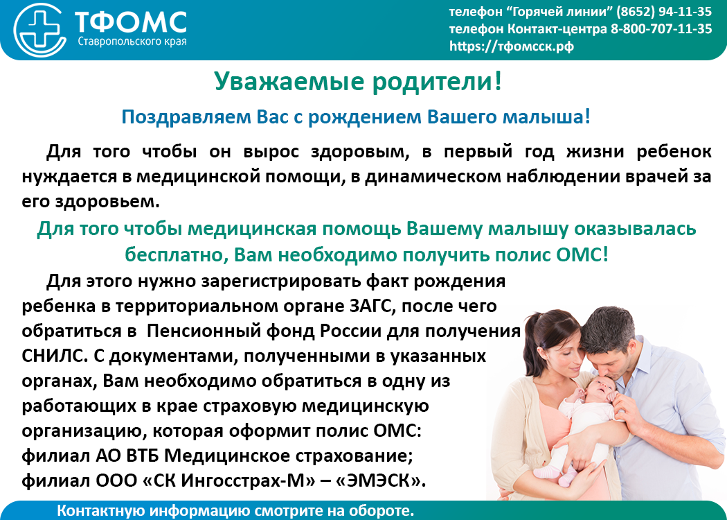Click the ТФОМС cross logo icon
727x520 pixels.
[x=40, y=29]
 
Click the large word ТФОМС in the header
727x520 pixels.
[x=131, y=22]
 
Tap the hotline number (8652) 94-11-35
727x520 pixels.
[x=664, y=12]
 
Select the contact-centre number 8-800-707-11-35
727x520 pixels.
[x=661, y=29]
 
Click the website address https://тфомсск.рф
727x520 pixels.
[x=512, y=46]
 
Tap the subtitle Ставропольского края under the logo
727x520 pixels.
[x=132, y=42]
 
